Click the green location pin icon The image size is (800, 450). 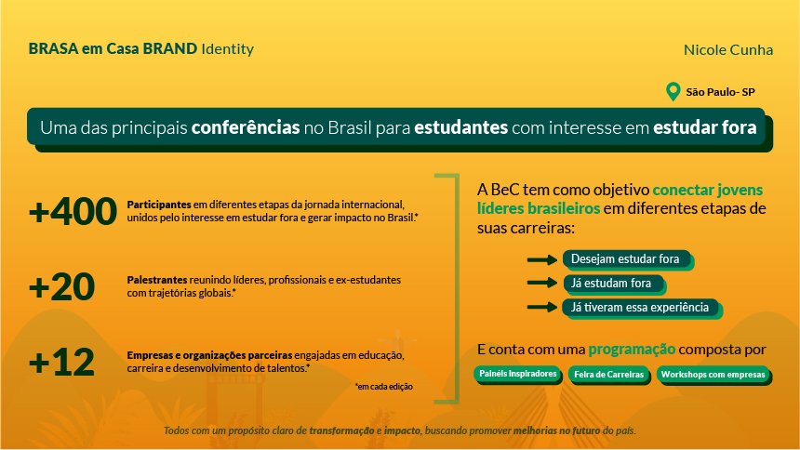673,91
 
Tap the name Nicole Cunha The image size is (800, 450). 728,50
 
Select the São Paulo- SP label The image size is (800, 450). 720,92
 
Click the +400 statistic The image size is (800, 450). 73,211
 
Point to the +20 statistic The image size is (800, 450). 61,286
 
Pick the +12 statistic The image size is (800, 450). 61,362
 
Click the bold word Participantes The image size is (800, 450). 159,205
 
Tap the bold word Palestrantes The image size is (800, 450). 157,280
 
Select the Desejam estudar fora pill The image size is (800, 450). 628,259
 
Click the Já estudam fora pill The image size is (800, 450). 614,284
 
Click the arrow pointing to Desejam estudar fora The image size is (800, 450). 541,259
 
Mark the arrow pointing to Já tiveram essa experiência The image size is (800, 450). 541,307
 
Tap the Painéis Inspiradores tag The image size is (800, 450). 518,375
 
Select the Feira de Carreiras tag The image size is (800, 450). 609,375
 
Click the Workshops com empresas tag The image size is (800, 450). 714,375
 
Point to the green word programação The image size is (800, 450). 632,350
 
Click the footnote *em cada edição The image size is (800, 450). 383,387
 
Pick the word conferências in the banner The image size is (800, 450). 246,127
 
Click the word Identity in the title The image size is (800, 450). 228,49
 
